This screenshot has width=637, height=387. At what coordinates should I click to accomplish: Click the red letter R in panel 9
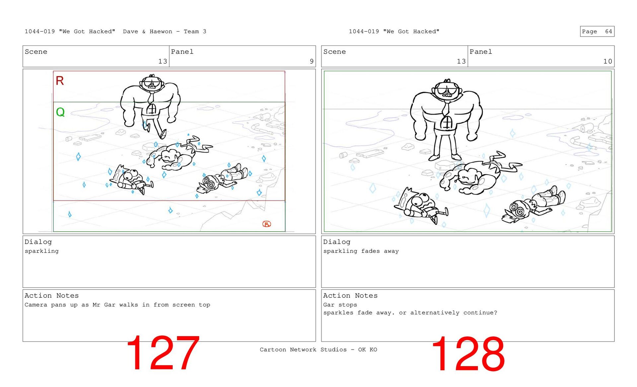60,81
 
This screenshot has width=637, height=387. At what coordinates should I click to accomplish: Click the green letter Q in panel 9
60,112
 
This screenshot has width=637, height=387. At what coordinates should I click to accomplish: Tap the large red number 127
163,353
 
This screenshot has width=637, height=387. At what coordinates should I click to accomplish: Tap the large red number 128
468,353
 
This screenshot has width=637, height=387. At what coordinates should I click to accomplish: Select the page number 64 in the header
608,32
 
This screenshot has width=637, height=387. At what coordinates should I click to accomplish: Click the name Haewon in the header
161,32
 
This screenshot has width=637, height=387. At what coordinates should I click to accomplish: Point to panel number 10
607,61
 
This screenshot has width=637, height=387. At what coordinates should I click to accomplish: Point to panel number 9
312,61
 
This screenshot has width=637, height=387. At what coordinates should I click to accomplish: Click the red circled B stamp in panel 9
267,224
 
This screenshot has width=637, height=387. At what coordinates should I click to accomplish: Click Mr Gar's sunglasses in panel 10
447,90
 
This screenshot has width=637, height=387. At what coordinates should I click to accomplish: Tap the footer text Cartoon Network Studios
303,349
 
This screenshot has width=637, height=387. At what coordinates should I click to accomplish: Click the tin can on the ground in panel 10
343,155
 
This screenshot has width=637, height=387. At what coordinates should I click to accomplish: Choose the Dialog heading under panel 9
38,242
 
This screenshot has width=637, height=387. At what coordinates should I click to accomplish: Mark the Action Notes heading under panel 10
350,296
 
